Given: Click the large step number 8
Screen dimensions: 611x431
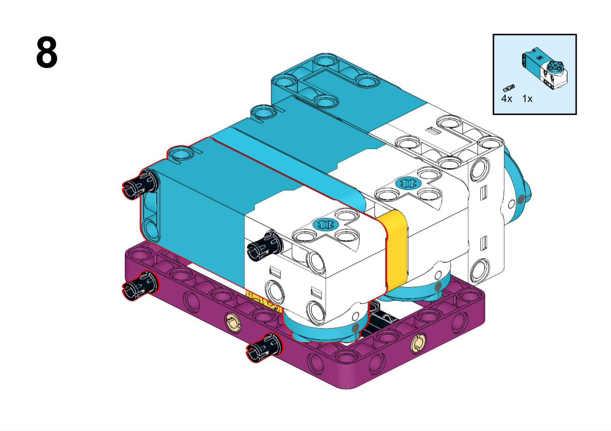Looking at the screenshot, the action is [x=46, y=52].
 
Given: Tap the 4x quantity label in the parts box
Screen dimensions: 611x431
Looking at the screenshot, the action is [x=507, y=99].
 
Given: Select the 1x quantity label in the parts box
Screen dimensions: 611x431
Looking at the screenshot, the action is [x=527, y=99].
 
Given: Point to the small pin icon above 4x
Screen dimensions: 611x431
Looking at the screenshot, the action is [x=508, y=88].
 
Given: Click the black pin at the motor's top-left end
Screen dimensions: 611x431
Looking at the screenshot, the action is [x=140, y=184].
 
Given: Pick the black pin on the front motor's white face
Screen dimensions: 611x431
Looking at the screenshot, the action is [x=265, y=244].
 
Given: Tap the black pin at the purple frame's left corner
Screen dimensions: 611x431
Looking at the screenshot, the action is [x=140, y=285].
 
